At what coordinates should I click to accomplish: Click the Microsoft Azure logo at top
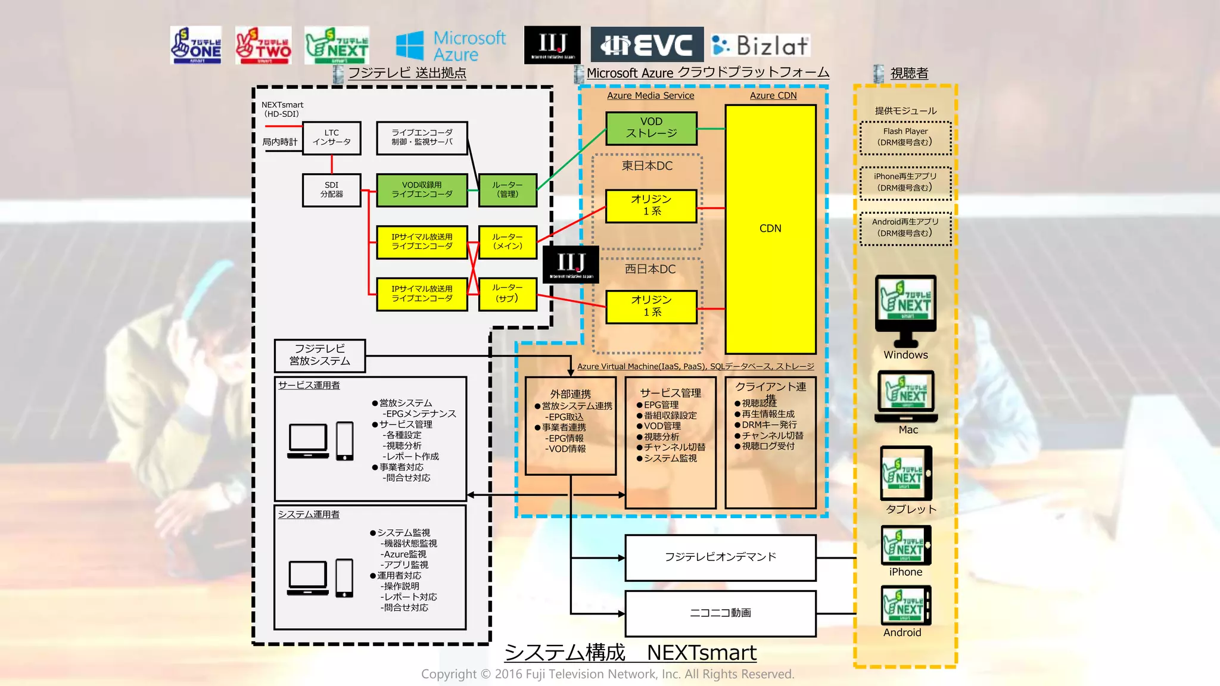[x=451, y=46]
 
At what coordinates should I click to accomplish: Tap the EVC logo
[x=647, y=45]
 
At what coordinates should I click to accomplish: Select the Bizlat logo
[x=761, y=45]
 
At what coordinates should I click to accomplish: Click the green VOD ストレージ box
[x=651, y=128]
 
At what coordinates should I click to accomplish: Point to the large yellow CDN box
[x=770, y=229]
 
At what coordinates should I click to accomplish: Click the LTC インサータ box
[x=331, y=138]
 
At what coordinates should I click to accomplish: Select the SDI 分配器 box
[x=331, y=190]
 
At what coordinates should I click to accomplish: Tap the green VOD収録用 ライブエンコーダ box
[x=422, y=190]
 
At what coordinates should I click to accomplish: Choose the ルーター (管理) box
[x=508, y=190]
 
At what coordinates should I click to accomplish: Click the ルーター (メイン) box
[x=508, y=242]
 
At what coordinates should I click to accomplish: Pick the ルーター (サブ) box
[x=508, y=294]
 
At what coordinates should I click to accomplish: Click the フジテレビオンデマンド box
[x=720, y=557]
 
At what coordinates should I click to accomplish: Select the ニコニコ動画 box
[x=720, y=613]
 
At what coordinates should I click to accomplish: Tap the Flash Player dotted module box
[x=905, y=138]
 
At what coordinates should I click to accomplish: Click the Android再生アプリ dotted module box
[x=905, y=228]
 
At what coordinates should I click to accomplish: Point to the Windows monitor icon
[x=905, y=310]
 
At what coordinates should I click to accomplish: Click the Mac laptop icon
[x=906, y=395]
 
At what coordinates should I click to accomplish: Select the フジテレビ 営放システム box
[x=320, y=356]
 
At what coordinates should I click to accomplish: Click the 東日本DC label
[x=647, y=166]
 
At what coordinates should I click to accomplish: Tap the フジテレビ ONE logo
[x=196, y=45]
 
